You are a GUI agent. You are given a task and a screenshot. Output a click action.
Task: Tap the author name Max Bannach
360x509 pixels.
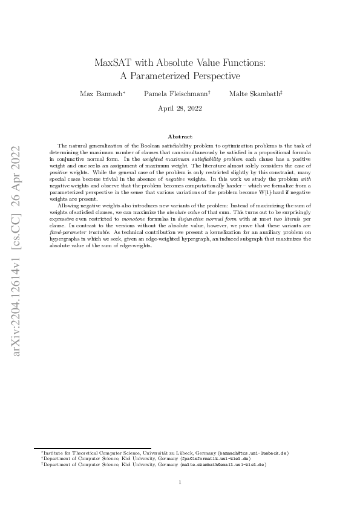pos(100,94)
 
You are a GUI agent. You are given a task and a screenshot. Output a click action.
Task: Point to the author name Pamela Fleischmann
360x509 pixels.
pos(175,94)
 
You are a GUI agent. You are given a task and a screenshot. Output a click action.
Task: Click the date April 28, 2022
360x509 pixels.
pos(180,109)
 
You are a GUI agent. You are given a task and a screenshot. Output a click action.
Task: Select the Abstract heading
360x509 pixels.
pos(180,137)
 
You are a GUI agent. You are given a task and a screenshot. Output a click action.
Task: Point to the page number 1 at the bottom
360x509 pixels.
pos(180,482)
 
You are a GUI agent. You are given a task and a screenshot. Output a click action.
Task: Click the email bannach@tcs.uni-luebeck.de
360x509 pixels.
pos(254,452)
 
